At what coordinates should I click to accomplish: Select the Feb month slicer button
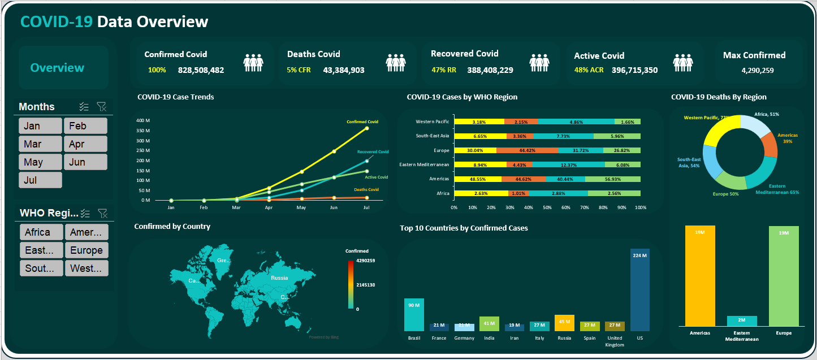click(85, 126)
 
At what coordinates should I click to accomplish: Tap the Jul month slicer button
click(40, 180)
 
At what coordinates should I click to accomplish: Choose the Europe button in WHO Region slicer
click(86, 250)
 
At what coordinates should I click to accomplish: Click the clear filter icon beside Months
click(102, 107)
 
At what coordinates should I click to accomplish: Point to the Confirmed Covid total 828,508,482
click(201, 71)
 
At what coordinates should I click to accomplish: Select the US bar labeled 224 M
click(640, 290)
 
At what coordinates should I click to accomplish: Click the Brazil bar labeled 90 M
click(414, 315)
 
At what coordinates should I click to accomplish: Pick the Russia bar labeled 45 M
click(564, 323)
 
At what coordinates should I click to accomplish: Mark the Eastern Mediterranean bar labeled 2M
click(742, 321)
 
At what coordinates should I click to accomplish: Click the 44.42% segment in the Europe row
click(527, 151)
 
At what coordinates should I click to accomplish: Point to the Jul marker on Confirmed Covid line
click(367, 128)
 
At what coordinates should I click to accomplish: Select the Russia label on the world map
click(279, 278)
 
